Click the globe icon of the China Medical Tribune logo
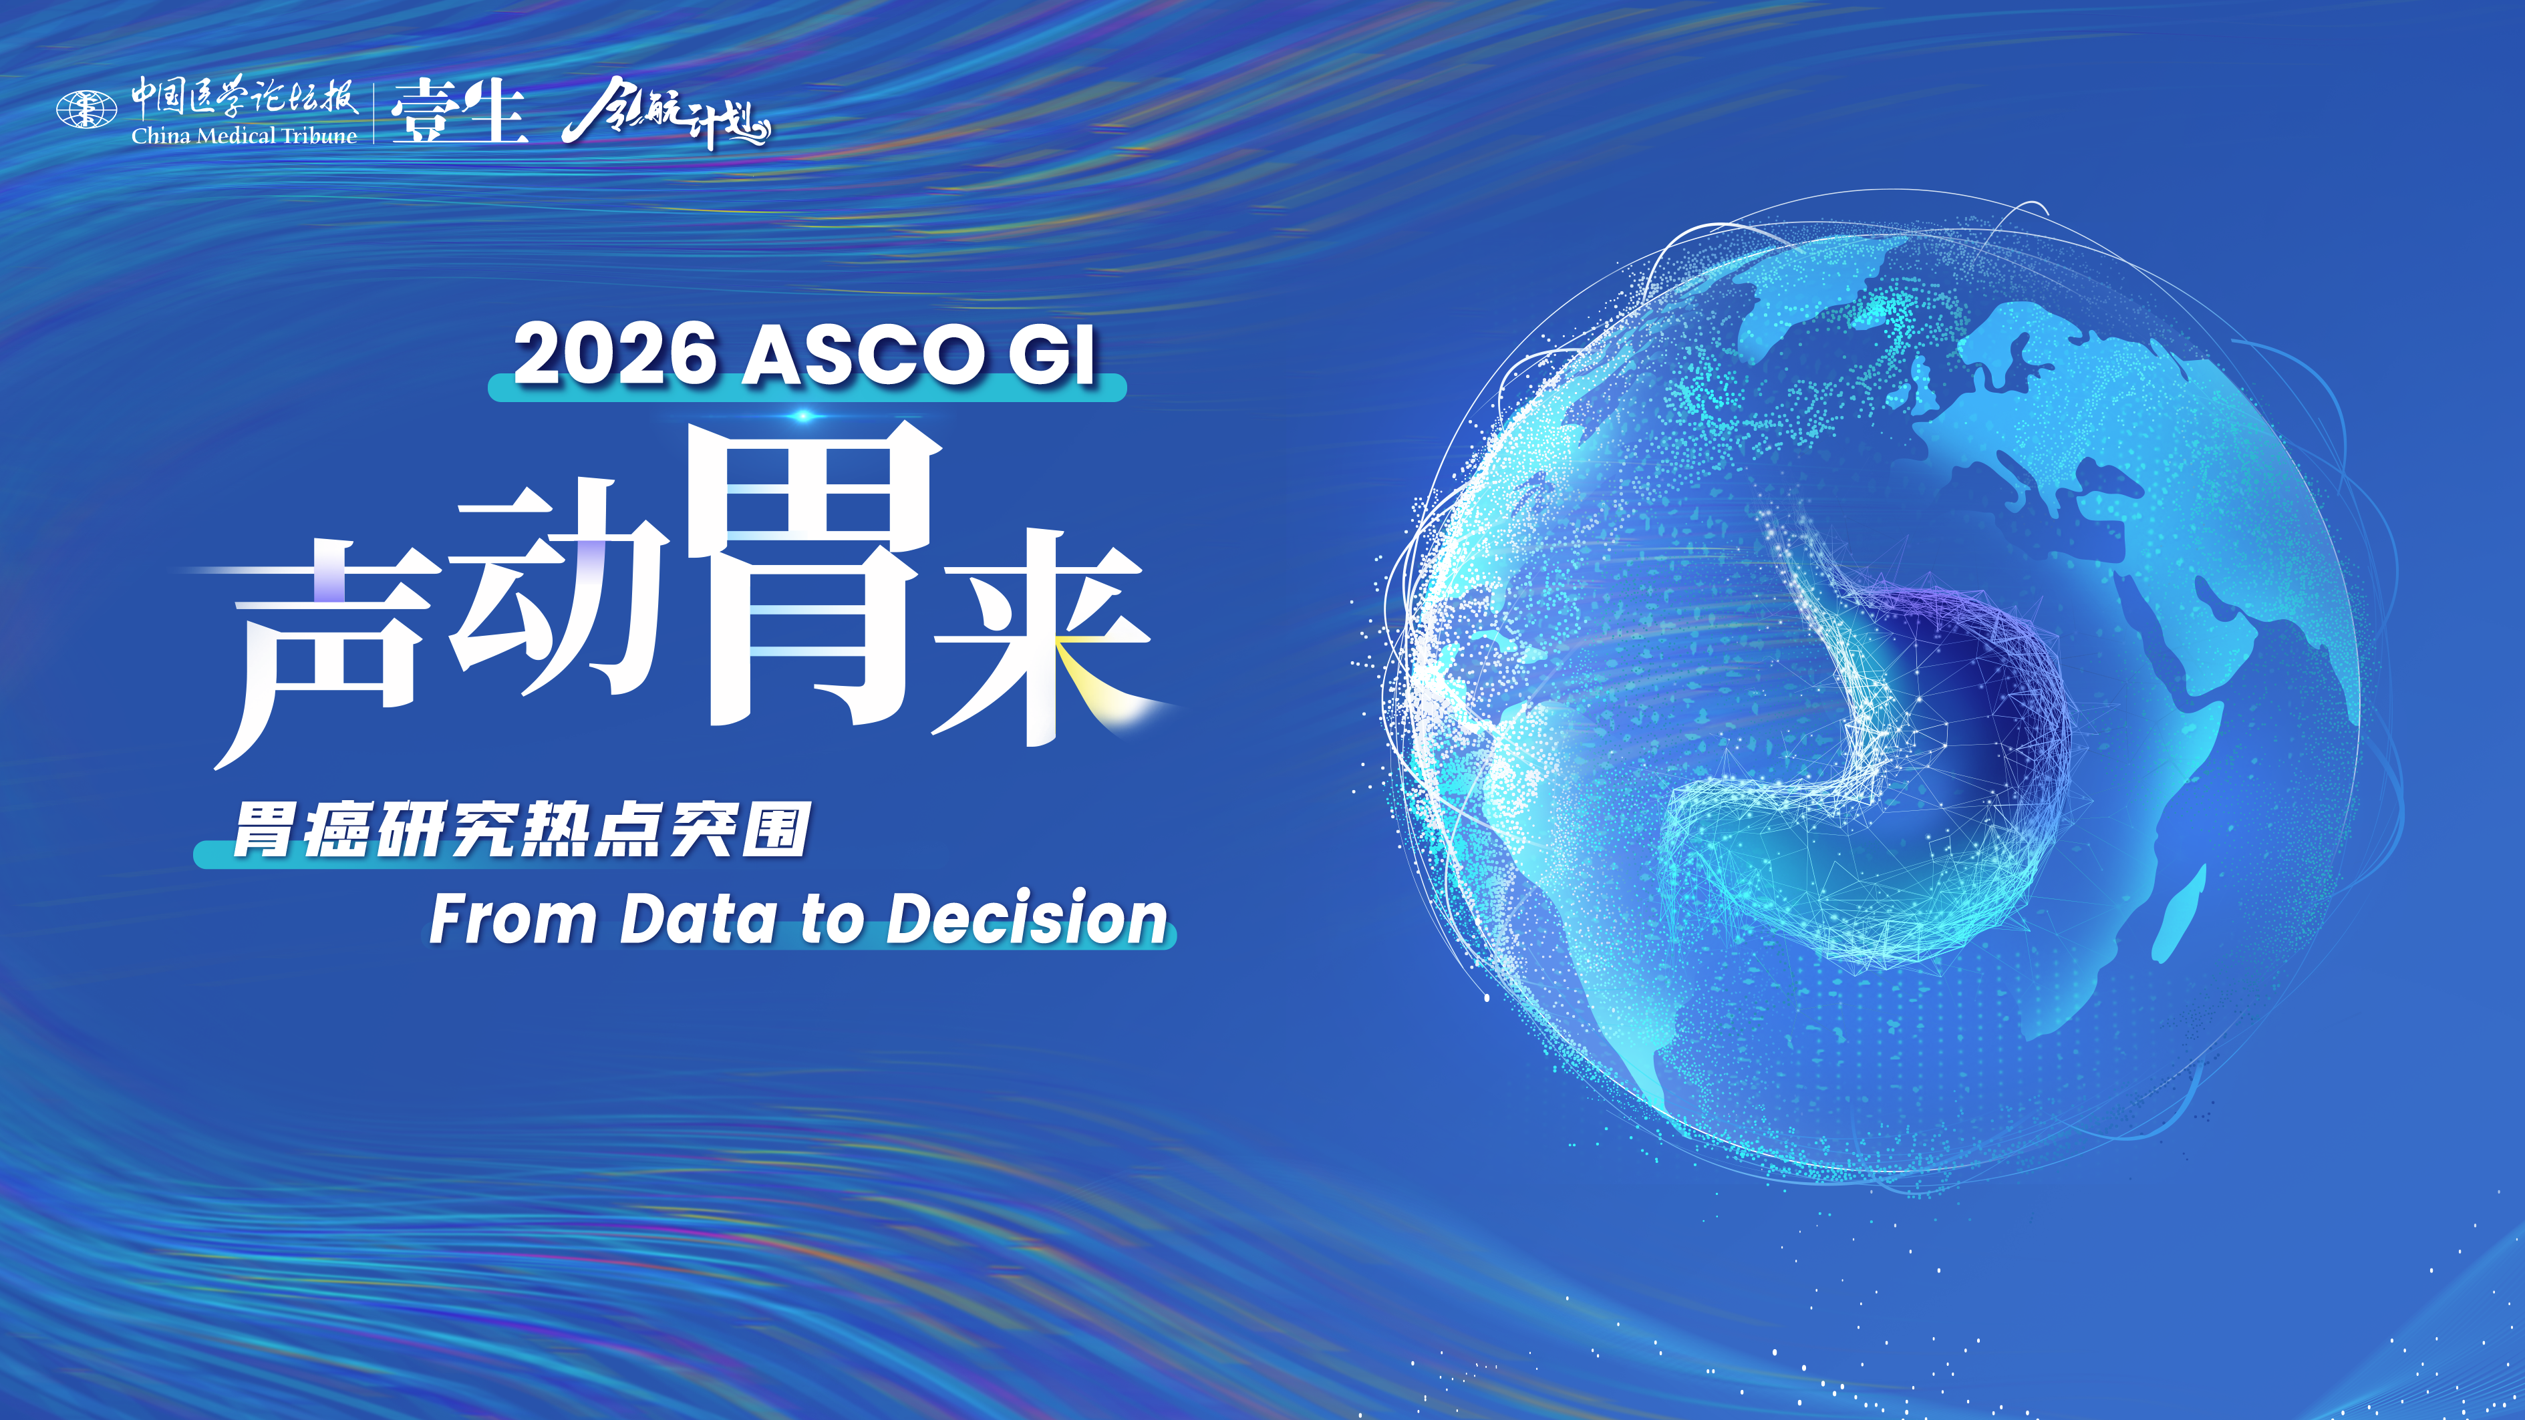[86, 110]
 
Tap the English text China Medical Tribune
[244, 135]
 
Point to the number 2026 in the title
[615, 354]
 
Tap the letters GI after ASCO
[1052, 355]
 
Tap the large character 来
[1044, 637]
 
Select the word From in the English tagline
[512, 919]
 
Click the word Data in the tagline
[698, 919]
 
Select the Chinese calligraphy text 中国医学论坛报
[245, 98]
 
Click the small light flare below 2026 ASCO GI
[804, 417]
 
